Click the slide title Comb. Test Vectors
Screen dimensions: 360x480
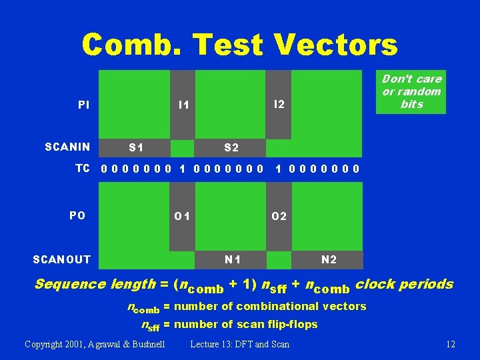240,45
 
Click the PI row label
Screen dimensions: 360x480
84,105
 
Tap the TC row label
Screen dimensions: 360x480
82,168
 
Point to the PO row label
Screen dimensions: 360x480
77,215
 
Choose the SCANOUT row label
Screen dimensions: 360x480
62,259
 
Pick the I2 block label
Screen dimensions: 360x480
279,104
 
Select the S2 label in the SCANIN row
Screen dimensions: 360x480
231,147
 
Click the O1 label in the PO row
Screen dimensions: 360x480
183,216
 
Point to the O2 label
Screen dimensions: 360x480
279,216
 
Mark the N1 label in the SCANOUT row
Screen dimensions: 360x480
233,259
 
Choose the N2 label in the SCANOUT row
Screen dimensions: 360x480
329,259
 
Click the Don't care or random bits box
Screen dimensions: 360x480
411,92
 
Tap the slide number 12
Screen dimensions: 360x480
450,344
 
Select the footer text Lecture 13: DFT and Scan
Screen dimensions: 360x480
240,344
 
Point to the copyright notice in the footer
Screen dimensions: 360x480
95,344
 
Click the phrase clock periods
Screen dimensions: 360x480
405,284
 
